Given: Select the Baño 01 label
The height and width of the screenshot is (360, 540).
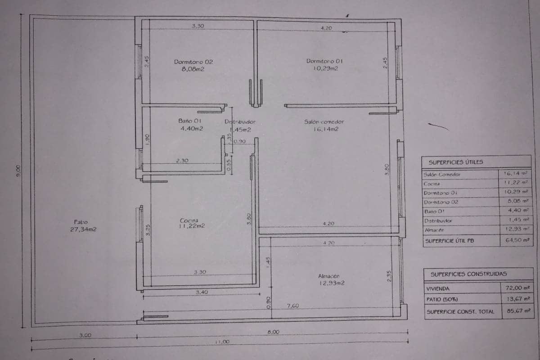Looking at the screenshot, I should (x=190, y=121).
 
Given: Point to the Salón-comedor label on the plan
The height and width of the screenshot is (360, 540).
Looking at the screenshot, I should (x=324, y=121).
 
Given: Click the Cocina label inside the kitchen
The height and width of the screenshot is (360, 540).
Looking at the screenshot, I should (x=189, y=220).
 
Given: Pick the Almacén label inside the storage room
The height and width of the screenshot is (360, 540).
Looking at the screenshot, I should (x=328, y=276).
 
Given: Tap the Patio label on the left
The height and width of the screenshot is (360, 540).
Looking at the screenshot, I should (x=81, y=222).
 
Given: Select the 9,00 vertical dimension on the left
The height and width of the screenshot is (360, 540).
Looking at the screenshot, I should (x=18, y=170).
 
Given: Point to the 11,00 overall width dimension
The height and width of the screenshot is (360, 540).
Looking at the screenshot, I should (x=222, y=342).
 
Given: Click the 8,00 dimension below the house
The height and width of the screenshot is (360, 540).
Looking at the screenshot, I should (x=273, y=332).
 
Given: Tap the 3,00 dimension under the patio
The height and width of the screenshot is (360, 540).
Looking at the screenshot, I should (x=85, y=335).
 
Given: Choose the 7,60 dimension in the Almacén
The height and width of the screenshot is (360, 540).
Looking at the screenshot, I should (x=293, y=306).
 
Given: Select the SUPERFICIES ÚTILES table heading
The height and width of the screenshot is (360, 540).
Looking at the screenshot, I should (x=450, y=162).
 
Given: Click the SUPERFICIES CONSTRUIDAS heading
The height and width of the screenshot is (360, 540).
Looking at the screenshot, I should (x=462, y=274).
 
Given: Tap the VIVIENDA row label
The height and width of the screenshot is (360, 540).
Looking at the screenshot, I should (x=438, y=288).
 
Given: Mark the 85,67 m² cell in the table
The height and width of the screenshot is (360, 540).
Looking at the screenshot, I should (x=517, y=310).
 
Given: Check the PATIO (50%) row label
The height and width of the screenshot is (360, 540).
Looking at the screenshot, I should (x=442, y=299).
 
